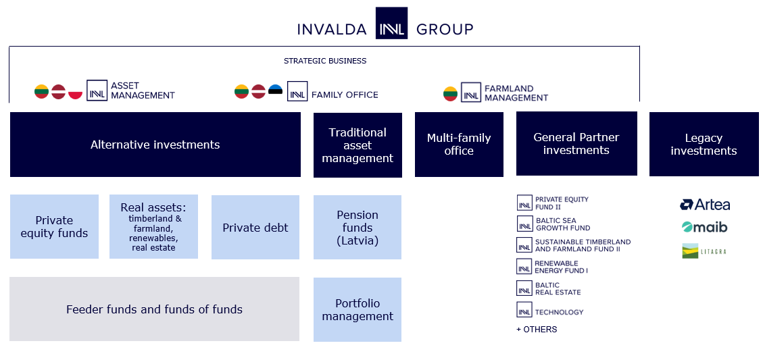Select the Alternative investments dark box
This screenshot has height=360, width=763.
[x=155, y=145]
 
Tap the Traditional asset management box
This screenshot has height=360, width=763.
[x=358, y=145]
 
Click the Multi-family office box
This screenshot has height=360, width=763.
[x=459, y=145]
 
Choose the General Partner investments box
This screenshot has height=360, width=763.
[x=576, y=144]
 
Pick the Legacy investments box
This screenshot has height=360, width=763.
[x=704, y=145]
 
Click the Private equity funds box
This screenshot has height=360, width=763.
[x=54, y=227]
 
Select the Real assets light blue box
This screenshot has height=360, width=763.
[x=153, y=227]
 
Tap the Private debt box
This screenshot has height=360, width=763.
[x=255, y=228]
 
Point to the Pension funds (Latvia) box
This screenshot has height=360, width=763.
[x=358, y=228]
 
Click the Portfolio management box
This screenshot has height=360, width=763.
[x=358, y=310]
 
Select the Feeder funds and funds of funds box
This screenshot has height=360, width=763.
[x=154, y=309]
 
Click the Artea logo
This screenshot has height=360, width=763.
[x=705, y=205]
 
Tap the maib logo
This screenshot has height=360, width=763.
[x=704, y=227]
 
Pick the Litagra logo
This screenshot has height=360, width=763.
[x=704, y=251]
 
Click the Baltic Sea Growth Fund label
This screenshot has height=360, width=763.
[x=562, y=224]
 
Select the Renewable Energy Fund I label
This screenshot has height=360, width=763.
[x=561, y=267]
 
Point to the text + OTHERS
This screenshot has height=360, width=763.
[x=537, y=330]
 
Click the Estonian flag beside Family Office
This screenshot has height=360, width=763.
[x=275, y=91]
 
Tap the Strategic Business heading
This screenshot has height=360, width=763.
[x=325, y=61]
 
